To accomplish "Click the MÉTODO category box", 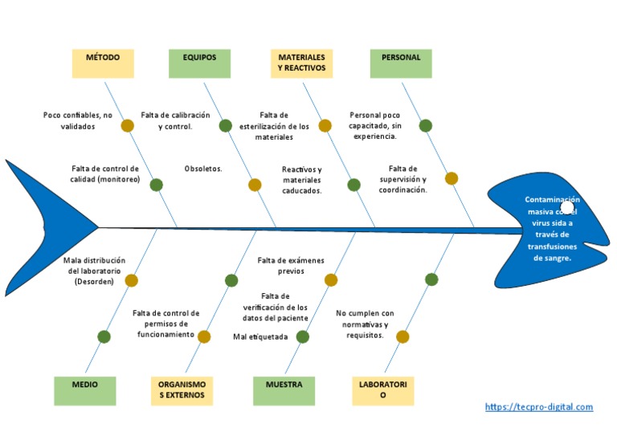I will click(103, 63).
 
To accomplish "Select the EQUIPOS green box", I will click(199, 63).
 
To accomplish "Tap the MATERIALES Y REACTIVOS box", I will click(301, 63).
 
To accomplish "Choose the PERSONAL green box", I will click(401, 63).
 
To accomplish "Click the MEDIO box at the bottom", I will click(85, 390).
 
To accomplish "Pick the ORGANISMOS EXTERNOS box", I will click(182, 390).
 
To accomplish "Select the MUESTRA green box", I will click(284, 390).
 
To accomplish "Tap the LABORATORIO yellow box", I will click(383, 390).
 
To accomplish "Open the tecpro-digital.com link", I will click(539, 407).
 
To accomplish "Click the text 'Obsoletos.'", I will click(203, 169).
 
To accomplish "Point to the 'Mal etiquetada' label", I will click(260, 337).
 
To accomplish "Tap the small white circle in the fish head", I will click(567, 209).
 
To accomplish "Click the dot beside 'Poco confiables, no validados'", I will click(127, 125).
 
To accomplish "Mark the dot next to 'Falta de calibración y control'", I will click(226, 125).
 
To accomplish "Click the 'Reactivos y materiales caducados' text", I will click(302, 181).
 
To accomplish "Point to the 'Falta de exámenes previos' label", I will click(291, 266).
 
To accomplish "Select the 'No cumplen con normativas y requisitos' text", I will click(365, 324).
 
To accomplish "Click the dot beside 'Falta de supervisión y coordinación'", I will click(452, 178).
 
